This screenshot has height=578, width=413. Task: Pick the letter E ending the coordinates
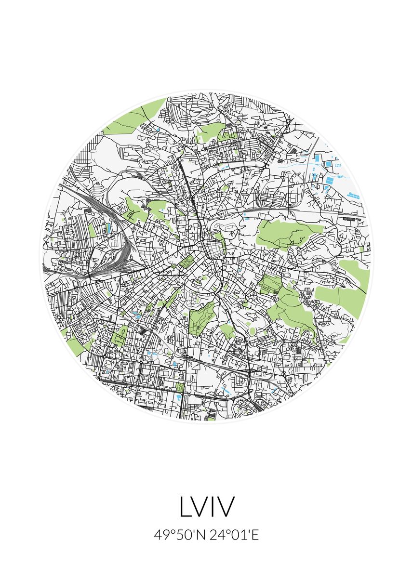(x=255, y=535)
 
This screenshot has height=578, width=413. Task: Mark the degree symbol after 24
(x=225, y=532)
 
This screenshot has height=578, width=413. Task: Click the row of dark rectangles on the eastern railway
(x=351, y=219)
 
